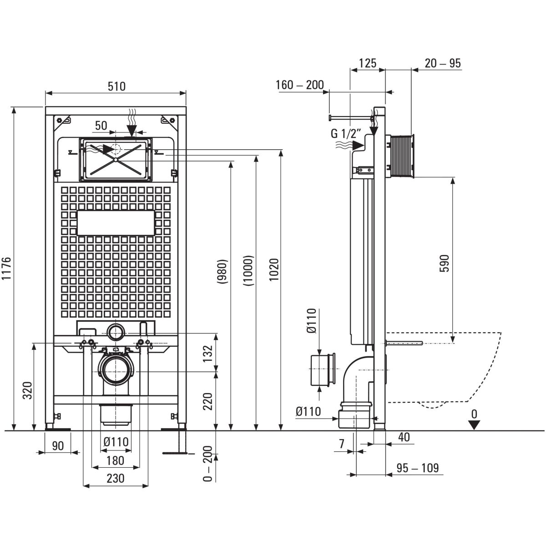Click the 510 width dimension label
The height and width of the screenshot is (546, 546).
[x=116, y=86]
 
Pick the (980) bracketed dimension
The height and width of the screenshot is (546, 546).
[x=223, y=272]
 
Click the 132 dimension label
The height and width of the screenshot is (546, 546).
[x=207, y=352]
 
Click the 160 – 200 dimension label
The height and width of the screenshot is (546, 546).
[x=300, y=85]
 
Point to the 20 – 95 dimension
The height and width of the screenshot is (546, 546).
[x=443, y=63]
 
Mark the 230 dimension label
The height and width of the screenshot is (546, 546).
[x=116, y=478]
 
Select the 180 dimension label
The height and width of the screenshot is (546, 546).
[x=115, y=460]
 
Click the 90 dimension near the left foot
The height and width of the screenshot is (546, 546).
[x=58, y=445]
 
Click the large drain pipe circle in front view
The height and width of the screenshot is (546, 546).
[x=116, y=368]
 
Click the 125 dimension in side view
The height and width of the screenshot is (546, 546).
[x=368, y=63]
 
